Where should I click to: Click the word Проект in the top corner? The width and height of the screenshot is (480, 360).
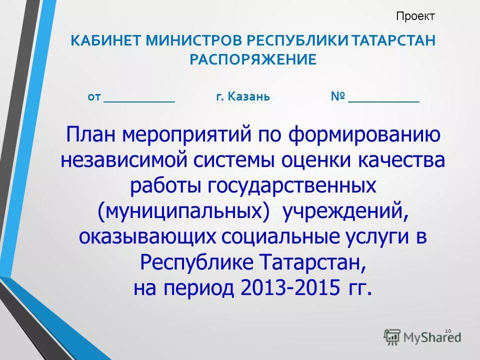415,16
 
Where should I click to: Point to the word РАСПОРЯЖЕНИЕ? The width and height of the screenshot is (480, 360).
252,60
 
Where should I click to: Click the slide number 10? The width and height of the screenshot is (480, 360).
447,330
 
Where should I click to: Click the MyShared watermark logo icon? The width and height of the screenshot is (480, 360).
392,336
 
